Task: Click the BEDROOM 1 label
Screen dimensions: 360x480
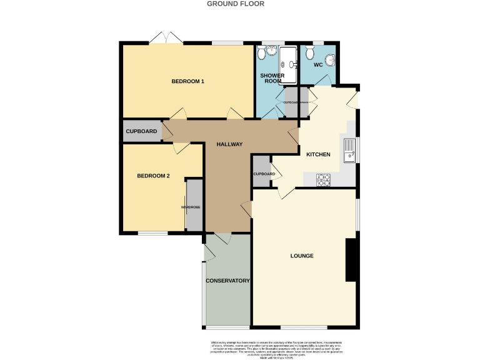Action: pos(188,81)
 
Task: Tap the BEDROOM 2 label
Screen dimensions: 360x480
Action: pos(154,176)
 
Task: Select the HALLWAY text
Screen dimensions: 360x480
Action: pos(229,144)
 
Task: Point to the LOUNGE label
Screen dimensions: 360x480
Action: pos(302,256)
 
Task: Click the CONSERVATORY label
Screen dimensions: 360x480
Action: pos(228,281)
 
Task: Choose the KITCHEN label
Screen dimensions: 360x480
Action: pos(317,154)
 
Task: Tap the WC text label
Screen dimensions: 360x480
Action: pos(317,64)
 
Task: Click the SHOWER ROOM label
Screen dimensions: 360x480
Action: pos(272,78)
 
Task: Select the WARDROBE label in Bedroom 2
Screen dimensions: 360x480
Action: pos(190,207)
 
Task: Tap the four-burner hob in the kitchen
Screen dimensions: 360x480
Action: pos(324,179)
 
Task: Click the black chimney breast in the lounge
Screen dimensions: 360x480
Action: pos(351,259)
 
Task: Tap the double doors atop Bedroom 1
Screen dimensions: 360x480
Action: pos(166,39)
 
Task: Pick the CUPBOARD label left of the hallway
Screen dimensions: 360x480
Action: pos(141,131)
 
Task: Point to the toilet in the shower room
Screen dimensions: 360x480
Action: pos(261,54)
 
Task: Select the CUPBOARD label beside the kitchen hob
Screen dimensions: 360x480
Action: pos(264,174)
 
